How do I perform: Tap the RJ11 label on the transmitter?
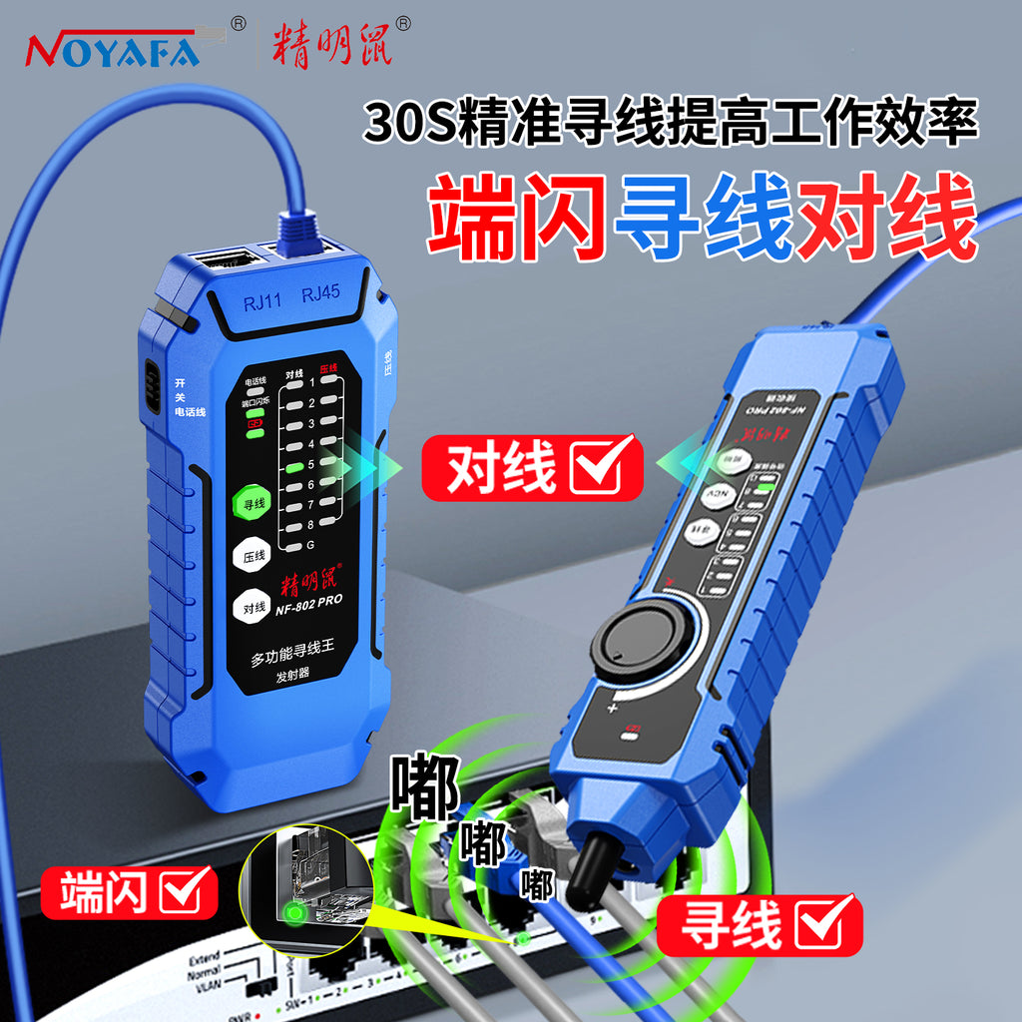point(262,302)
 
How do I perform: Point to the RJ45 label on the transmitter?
point(322,295)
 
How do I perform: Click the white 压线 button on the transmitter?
point(254,556)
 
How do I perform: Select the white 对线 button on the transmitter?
point(254,606)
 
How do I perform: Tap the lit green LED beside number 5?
point(293,465)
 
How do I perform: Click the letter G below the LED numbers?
point(310,545)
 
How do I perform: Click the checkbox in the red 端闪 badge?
point(188,890)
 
